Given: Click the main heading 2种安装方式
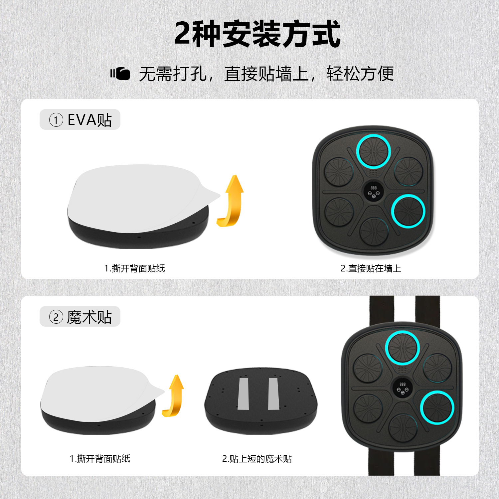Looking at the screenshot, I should click(257, 34).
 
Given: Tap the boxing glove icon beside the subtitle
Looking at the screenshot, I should click(120, 74).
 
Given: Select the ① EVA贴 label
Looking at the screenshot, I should click(80, 119).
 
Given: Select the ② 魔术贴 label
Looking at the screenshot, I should click(80, 317).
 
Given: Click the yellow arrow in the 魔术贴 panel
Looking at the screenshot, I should click(174, 396).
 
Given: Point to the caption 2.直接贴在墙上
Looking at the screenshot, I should click(371, 268).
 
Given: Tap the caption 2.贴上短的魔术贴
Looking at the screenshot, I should click(257, 459).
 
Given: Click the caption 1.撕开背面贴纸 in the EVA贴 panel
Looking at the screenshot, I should click(134, 268).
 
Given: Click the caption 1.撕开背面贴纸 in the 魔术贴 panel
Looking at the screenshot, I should click(100, 459).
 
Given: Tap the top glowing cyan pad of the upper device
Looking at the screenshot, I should click(373, 151).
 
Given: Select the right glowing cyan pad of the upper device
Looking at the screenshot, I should click(408, 211).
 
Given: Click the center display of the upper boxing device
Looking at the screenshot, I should click(373, 192).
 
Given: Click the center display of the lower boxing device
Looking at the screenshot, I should click(402, 388).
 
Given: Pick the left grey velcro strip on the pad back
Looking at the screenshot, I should click(243, 394).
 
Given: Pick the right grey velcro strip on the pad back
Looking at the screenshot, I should click(273, 394).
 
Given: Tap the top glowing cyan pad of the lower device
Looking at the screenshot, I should click(402, 348).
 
